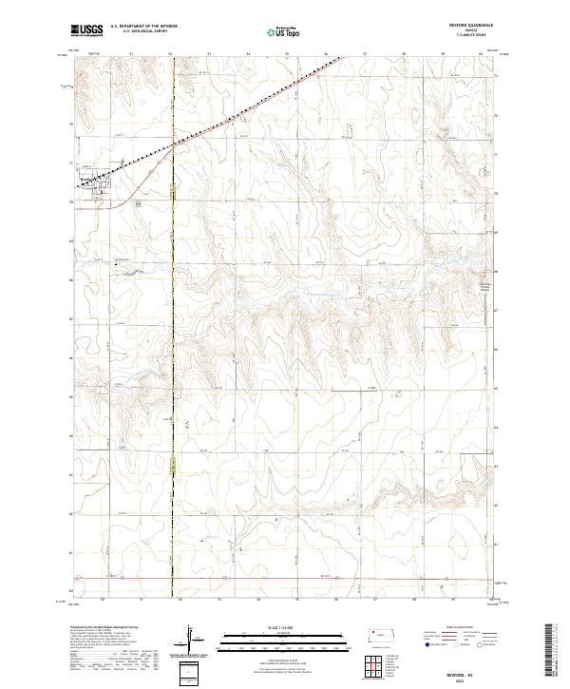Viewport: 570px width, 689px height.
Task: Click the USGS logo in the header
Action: pos(86,30)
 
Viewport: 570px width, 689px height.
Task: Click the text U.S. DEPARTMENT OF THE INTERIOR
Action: pos(143,27)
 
